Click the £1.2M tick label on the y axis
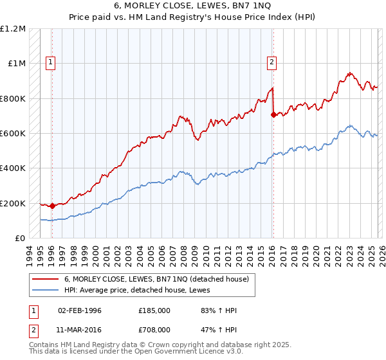(13, 29)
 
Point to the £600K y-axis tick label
(13, 134)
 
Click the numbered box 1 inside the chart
(50, 62)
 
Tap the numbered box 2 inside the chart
(272, 62)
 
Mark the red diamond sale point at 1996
(52, 206)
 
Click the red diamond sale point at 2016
(273, 114)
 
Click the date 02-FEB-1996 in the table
(80, 310)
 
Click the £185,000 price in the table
(154, 310)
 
